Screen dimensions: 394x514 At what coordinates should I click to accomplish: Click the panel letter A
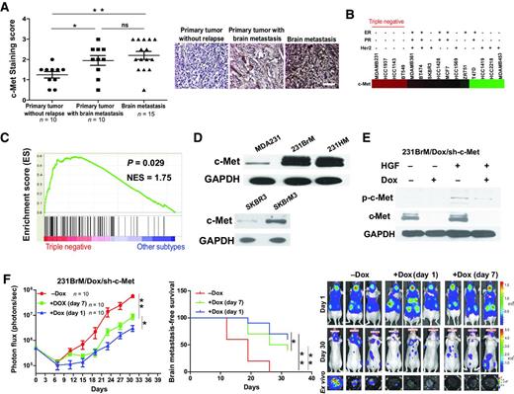click(6, 7)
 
